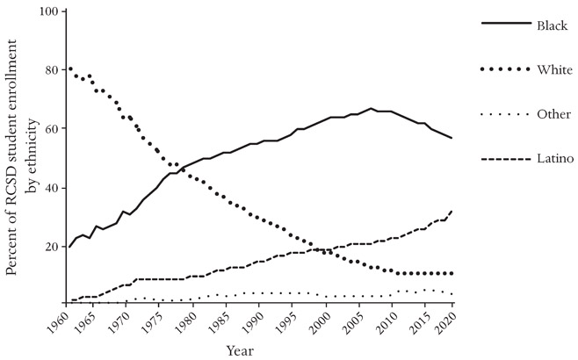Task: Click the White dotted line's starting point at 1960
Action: point(70,68)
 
